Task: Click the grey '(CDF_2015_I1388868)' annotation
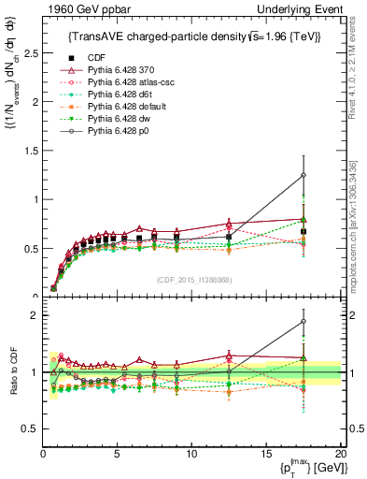tap(193, 281)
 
